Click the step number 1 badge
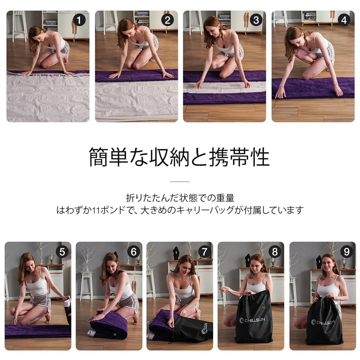pos(79,20)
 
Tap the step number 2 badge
pos(168,20)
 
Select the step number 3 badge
pos(256,20)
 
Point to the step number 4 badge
pos(344,20)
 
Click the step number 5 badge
pos(62,252)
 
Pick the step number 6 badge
pos(134,252)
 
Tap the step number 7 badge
pos(205,252)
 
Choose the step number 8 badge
pos(275,252)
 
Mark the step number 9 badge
pos(346,252)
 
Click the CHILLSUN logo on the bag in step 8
pos(252,320)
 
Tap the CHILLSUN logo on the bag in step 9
pos(323,322)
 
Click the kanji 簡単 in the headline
pos(108,157)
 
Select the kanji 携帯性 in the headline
pos(239,157)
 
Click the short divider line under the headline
pos(180,181)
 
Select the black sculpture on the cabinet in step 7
pos(176,253)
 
